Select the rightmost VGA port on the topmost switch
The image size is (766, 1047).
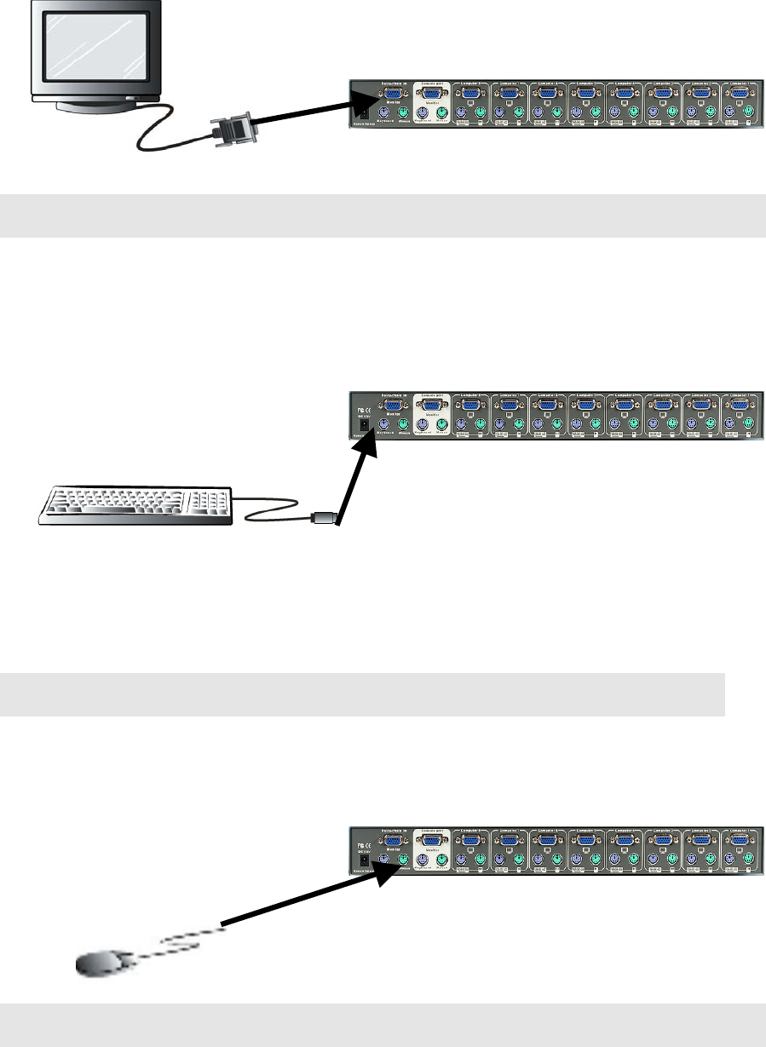737,94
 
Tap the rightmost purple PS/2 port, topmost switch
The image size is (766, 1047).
729,112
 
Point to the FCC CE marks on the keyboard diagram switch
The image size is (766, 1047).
363,407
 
